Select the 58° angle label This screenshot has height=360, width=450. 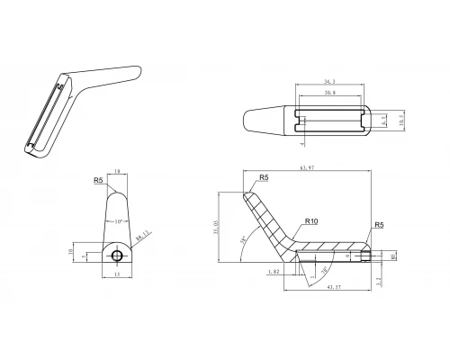(x=244, y=240)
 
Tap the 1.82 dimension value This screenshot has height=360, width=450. (x=274, y=270)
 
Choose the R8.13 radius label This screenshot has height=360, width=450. (x=141, y=238)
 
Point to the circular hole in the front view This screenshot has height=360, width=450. (x=116, y=256)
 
